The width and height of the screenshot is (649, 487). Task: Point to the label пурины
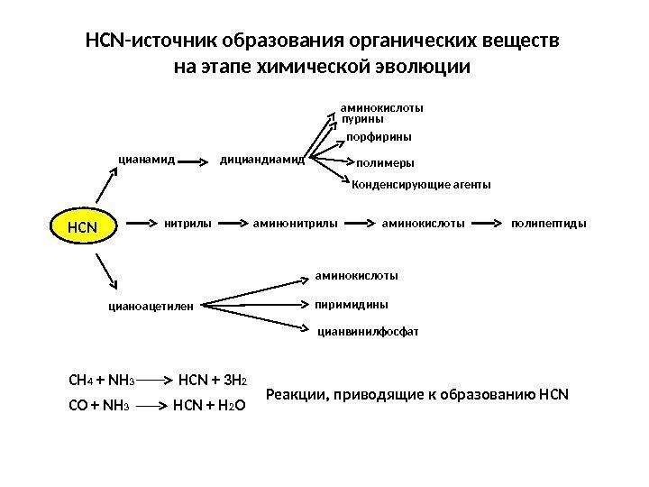pyautogui.click(x=363, y=119)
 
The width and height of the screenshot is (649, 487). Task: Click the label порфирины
pyautogui.click(x=379, y=138)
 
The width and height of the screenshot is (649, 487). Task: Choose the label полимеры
pyautogui.click(x=386, y=163)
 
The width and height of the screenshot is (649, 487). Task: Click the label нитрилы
pyautogui.click(x=187, y=220)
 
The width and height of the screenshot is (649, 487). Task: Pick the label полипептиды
pyautogui.click(x=548, y=220)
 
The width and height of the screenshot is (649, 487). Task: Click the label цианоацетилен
pyautogui.click(x=152, y=306)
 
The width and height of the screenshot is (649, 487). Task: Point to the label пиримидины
pyautogui.click(x=352, y=304)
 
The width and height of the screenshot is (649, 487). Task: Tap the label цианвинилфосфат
pyautogui.click(x=369, y=331)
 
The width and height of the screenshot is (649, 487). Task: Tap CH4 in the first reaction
pyautogui.click(x=79, y=379)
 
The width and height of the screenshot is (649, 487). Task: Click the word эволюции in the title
pyautogui.click(x=423, y=68)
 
